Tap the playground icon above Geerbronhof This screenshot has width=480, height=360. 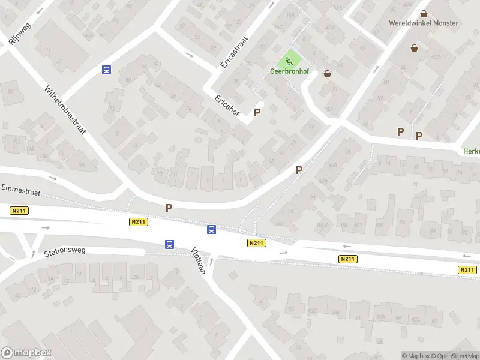pyautogui.click(x=289, y=61)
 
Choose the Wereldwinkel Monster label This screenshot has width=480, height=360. pyautogui.click(x=424, y=23)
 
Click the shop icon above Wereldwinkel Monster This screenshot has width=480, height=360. pyautogui.click(x=424, y=13)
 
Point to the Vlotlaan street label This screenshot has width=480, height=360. pyautogui.click(x=199, y=261)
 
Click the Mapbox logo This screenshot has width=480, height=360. pyautogui.click(x=26, y=352)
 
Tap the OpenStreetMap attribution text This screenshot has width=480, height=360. pyautogui.click(x=455, y=356)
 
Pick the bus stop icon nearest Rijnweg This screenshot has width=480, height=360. pyautogui.click(x=106, y=70)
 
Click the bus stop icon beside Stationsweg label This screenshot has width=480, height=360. pyautogui.click(x=170, y=244)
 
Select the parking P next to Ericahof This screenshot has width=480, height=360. pyautogui.click(x=257, y=112)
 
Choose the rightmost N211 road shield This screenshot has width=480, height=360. pyautogui.click(x=467, y=270)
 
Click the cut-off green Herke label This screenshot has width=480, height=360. pyautogui.click(x=471, y=151)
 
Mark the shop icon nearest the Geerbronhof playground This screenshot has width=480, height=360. pyautogui.click(x=327, y=74)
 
